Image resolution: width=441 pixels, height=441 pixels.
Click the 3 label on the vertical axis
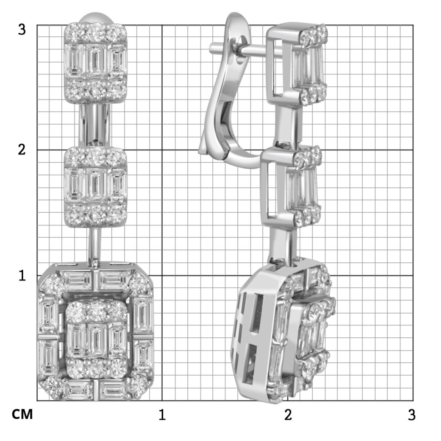(x=22, y=30)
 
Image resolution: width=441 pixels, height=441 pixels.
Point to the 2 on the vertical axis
(x=22, y=150)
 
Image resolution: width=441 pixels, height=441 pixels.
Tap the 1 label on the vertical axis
(x=22, y=276)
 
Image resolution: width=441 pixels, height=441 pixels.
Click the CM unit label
(x=22, y=414)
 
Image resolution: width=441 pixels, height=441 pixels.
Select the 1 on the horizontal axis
(x=162, y=415)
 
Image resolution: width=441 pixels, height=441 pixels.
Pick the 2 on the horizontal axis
(x=288, y=415)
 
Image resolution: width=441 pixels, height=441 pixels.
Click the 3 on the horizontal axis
(x=411, y=415)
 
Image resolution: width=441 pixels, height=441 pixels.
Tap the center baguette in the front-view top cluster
(x=95, y=60)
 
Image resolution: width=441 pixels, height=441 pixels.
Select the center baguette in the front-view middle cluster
(x=95, y=185)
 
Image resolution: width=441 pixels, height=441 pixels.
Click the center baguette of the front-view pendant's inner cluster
(x=97, y=341)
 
